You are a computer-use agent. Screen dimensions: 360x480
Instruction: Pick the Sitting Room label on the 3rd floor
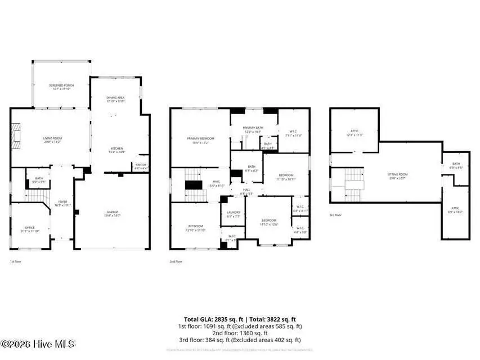(397, 176)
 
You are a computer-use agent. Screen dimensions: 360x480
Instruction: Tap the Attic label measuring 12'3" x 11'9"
(353, 133)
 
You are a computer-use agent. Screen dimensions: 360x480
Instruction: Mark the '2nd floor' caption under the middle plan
(176, 262)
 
